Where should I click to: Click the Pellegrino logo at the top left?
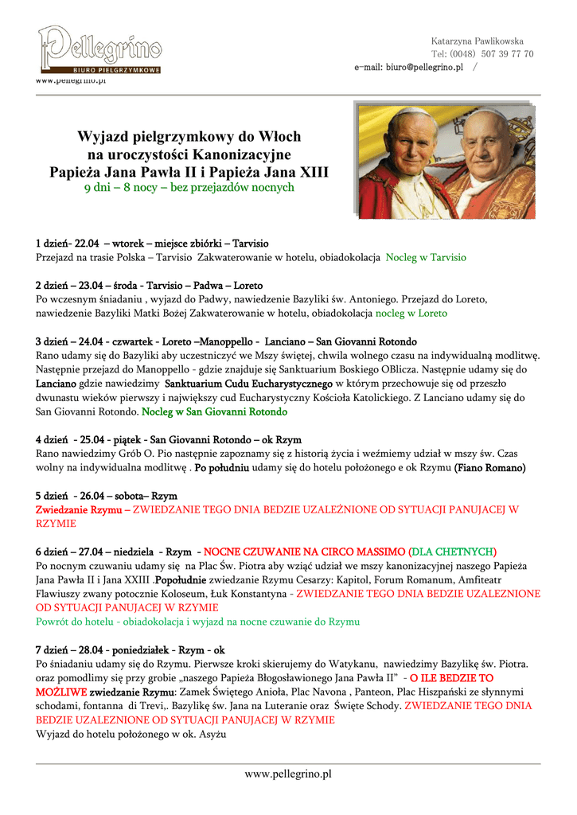100,49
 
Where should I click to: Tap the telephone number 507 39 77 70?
507,54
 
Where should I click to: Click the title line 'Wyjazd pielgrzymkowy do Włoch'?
189,137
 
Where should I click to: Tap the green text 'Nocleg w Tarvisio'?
426,258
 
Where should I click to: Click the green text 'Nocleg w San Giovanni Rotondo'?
215,412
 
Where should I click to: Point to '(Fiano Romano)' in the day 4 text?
489,468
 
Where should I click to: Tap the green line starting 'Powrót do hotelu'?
197,622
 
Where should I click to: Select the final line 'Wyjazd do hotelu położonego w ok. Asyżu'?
131,734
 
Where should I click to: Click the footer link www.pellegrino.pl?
288,774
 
